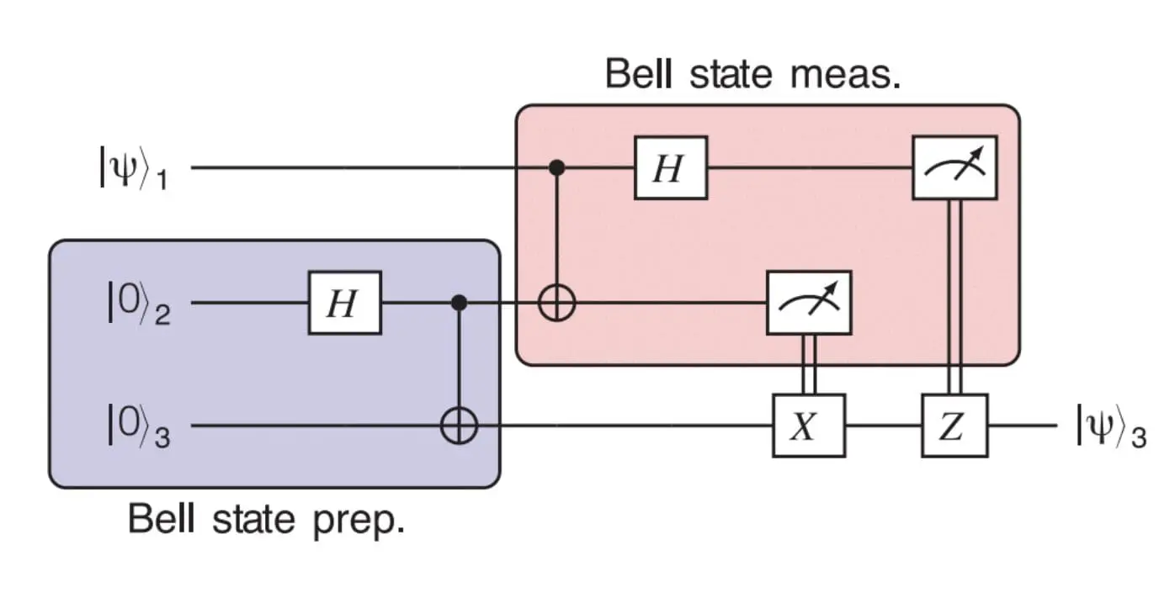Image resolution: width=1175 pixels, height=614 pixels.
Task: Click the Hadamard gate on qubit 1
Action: click(x=670, y=168)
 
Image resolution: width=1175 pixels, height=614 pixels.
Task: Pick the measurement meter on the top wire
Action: click(x=954, y=168)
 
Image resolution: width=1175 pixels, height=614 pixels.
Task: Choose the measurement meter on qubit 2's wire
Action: click(x=808, y=303)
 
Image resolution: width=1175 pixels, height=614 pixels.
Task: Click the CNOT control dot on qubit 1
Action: click(x=556, y=168)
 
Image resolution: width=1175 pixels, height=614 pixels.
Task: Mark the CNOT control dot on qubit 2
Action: click(x=459, y=302)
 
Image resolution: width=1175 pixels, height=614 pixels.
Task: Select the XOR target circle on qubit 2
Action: click(x=556, y=303)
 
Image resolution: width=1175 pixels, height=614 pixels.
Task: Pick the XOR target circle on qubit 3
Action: click(x=459, y=426)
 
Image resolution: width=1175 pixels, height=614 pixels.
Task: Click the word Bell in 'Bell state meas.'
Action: click(x=636, y=74)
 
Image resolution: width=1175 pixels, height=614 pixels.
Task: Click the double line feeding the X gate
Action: click(x=808, y=363)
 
